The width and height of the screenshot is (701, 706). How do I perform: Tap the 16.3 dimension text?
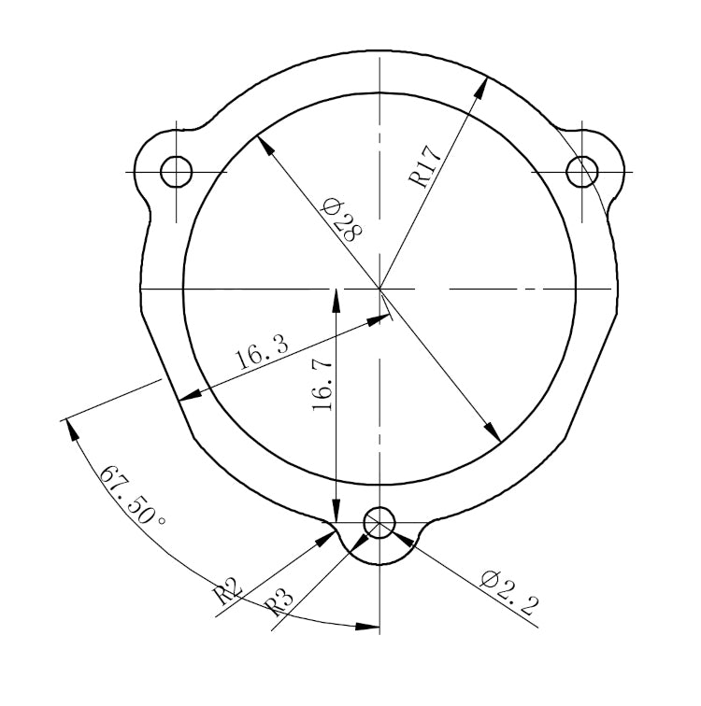[263, 354]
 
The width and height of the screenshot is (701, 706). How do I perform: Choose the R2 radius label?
[227, 592]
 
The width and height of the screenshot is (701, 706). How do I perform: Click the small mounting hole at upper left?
[176, 171]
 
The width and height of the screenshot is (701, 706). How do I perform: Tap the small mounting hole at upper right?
[583, 171]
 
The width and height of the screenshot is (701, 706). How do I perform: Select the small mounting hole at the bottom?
[379, 523]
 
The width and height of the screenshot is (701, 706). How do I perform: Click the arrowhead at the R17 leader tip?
[483, 85]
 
